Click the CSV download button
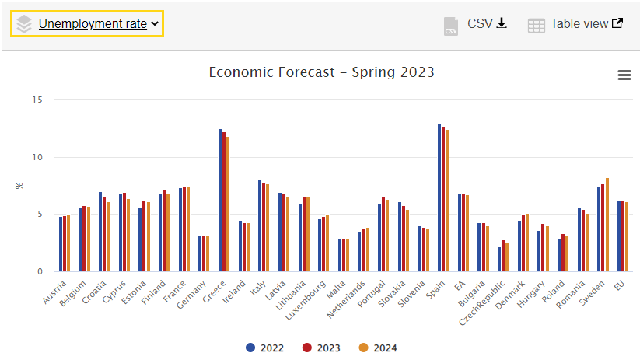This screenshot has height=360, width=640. click(x=475, y=24)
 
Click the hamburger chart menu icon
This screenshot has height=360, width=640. click(x=624, y=75)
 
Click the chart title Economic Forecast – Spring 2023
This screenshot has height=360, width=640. click(x=321, y=72)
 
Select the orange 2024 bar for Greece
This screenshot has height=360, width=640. click(x=228, y=204)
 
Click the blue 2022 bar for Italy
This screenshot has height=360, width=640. click(x=260, y=225)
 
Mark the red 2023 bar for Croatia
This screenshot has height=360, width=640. click(x=104, y=234)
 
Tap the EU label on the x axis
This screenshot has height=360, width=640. click(x=619, y=285)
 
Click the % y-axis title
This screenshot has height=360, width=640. click(x=19, y=185)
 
